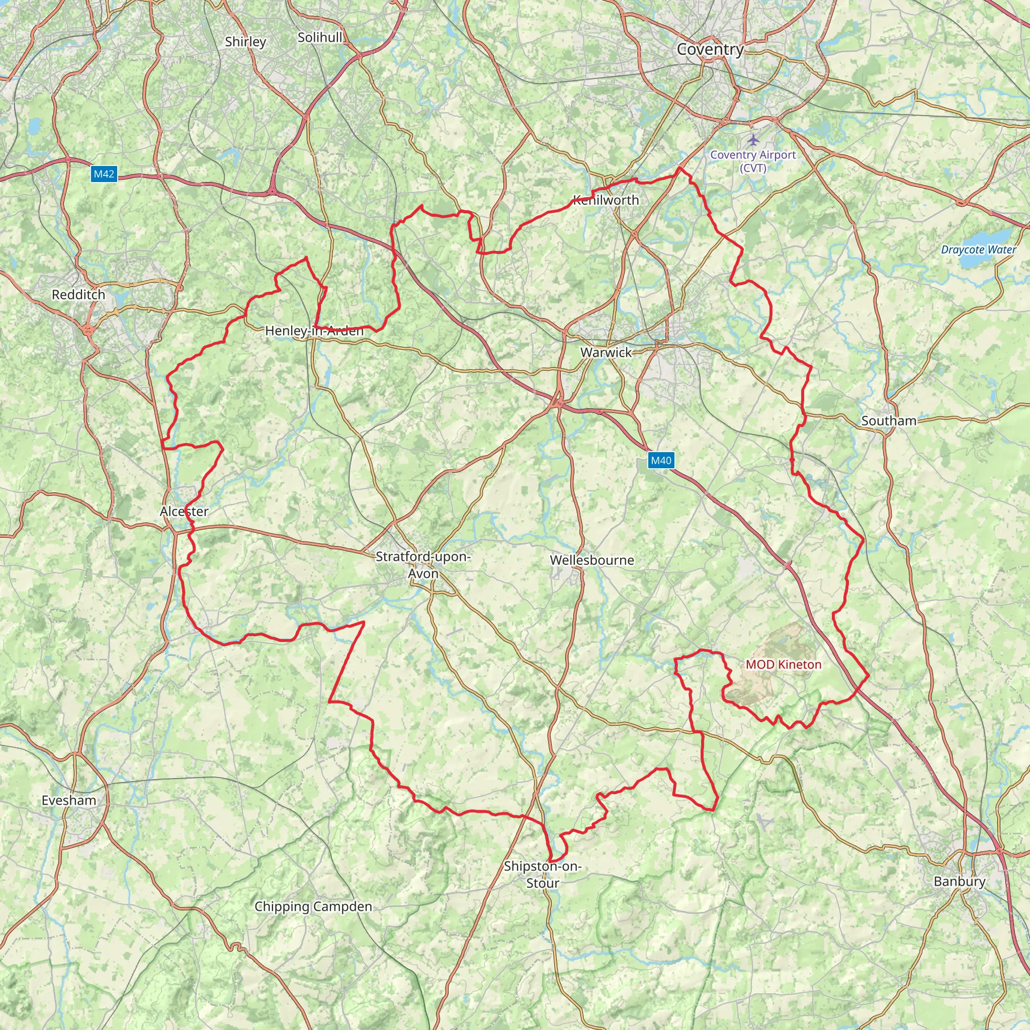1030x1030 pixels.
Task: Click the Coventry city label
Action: [710, 50]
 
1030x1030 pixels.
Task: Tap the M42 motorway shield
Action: [104, 174]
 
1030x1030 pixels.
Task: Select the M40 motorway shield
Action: [661, 460]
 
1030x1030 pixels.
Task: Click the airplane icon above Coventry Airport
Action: [753, 140]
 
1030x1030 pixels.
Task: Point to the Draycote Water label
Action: [978, 249]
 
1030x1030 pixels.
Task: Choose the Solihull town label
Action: [320, 38]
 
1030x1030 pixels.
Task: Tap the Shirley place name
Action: [245, 42]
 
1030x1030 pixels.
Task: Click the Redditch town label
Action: [78, 295]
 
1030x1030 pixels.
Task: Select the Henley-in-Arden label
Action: [314, 330]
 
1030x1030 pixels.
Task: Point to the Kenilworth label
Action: [606, 200]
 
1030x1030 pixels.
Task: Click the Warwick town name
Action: [606, 353]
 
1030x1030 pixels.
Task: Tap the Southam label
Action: [889, 420]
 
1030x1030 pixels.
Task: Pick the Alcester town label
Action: [184, 511]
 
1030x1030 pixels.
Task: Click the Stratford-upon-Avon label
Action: [423, 565]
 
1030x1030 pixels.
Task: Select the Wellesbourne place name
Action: [592, 560]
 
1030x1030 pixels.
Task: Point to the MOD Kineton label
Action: [783, 664]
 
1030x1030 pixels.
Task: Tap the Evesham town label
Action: [69, 800]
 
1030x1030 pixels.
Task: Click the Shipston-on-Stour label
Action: [543, 874]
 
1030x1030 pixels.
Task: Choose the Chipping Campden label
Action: [313, 906]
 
